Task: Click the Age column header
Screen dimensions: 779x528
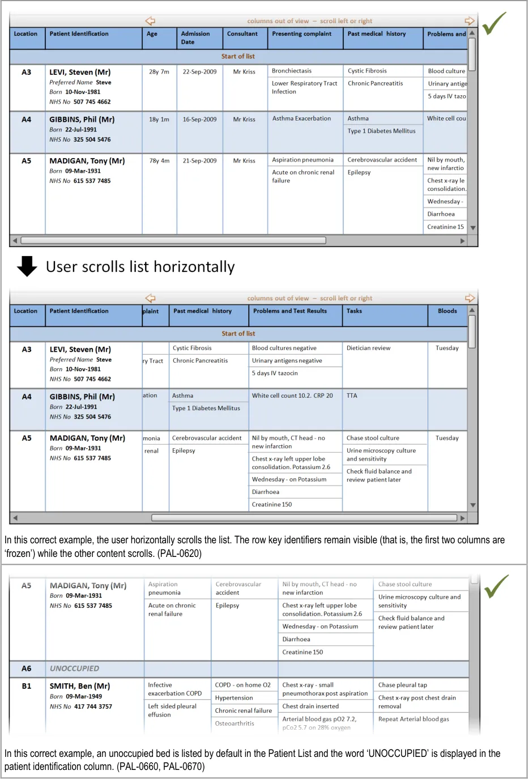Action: [152, 34]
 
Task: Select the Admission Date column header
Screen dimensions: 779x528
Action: [195, 38]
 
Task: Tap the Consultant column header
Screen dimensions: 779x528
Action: [242, 34]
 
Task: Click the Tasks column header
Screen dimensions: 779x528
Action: [354, 311]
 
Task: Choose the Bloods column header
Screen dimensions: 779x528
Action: [447, 311]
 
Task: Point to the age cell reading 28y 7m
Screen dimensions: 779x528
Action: [159, 72]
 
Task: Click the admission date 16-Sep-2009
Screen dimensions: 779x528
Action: [199, 120]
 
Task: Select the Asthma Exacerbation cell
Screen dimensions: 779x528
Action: [301, 119]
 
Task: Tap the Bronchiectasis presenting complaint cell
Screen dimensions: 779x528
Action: [292, 71]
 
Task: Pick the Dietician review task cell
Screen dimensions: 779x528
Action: [368, 348]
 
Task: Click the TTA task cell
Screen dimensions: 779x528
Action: [352, 396]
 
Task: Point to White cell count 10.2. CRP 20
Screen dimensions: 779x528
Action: [292, 396]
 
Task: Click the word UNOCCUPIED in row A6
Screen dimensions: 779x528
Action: [74, 669]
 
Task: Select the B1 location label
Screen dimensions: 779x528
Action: [27, 686]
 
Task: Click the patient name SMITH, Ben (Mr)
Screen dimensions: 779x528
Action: [80, 686]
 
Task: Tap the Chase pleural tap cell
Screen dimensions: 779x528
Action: [403, 685]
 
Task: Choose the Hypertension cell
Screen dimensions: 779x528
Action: [234, 698]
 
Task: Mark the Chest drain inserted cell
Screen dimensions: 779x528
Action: [310, 706]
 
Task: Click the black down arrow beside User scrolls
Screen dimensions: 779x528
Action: [27, 266]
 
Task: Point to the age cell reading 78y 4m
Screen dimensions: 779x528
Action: [159, 161]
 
